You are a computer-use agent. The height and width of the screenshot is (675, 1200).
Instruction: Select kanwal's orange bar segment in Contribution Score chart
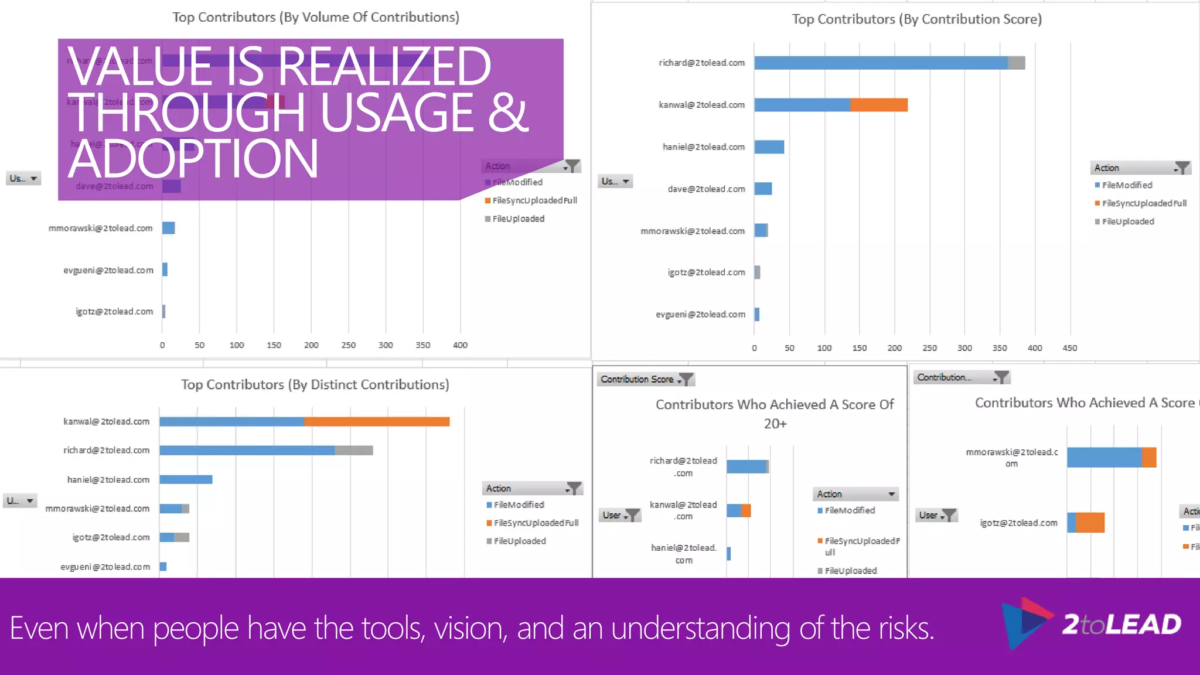pos(878,105)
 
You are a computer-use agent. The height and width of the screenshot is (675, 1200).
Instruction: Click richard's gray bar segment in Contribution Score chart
pos(1016,63)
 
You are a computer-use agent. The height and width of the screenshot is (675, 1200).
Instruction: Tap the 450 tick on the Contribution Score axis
pos(1069,348)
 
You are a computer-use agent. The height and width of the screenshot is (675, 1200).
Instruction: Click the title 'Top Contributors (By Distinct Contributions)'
pos(315,384)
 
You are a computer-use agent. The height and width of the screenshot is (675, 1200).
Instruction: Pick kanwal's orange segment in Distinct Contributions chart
pos(376,421)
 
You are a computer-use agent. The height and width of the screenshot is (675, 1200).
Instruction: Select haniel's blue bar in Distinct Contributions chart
pos(186,479)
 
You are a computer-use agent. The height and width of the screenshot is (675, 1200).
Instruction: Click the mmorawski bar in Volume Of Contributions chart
pos(169,228)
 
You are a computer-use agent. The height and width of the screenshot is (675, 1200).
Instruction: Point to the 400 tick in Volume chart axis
pos(460,345)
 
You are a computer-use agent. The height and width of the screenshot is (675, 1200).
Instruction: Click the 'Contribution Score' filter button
pos(645,379)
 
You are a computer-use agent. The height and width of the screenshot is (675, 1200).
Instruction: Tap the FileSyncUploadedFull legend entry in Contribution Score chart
pos(1144,203)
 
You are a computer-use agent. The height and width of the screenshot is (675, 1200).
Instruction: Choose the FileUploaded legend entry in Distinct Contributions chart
pos(519,541)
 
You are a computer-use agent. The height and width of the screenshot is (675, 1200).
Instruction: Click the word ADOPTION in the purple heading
pos(193,159)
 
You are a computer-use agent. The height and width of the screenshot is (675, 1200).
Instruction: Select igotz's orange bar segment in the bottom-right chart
pos(1090,522)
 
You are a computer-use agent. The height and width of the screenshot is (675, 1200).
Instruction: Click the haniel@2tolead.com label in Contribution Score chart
pos(704,147)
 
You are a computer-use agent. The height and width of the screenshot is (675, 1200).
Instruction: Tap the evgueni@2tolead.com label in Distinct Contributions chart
pos(105,567)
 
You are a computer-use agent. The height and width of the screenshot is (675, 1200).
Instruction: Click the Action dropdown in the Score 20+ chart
pos(855,494)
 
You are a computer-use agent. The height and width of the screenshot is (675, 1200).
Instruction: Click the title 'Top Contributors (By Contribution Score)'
pos(916,19)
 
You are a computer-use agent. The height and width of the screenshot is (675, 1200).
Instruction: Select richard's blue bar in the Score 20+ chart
pos(746,466)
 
